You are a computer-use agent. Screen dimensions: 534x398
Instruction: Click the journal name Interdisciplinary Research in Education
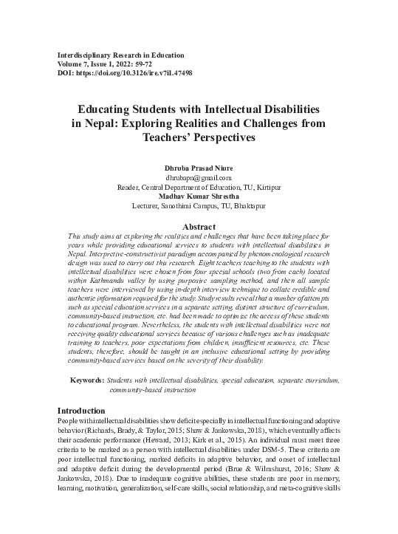tap(120, 55)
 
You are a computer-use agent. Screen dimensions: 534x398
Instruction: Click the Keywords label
tap(86, 380)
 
